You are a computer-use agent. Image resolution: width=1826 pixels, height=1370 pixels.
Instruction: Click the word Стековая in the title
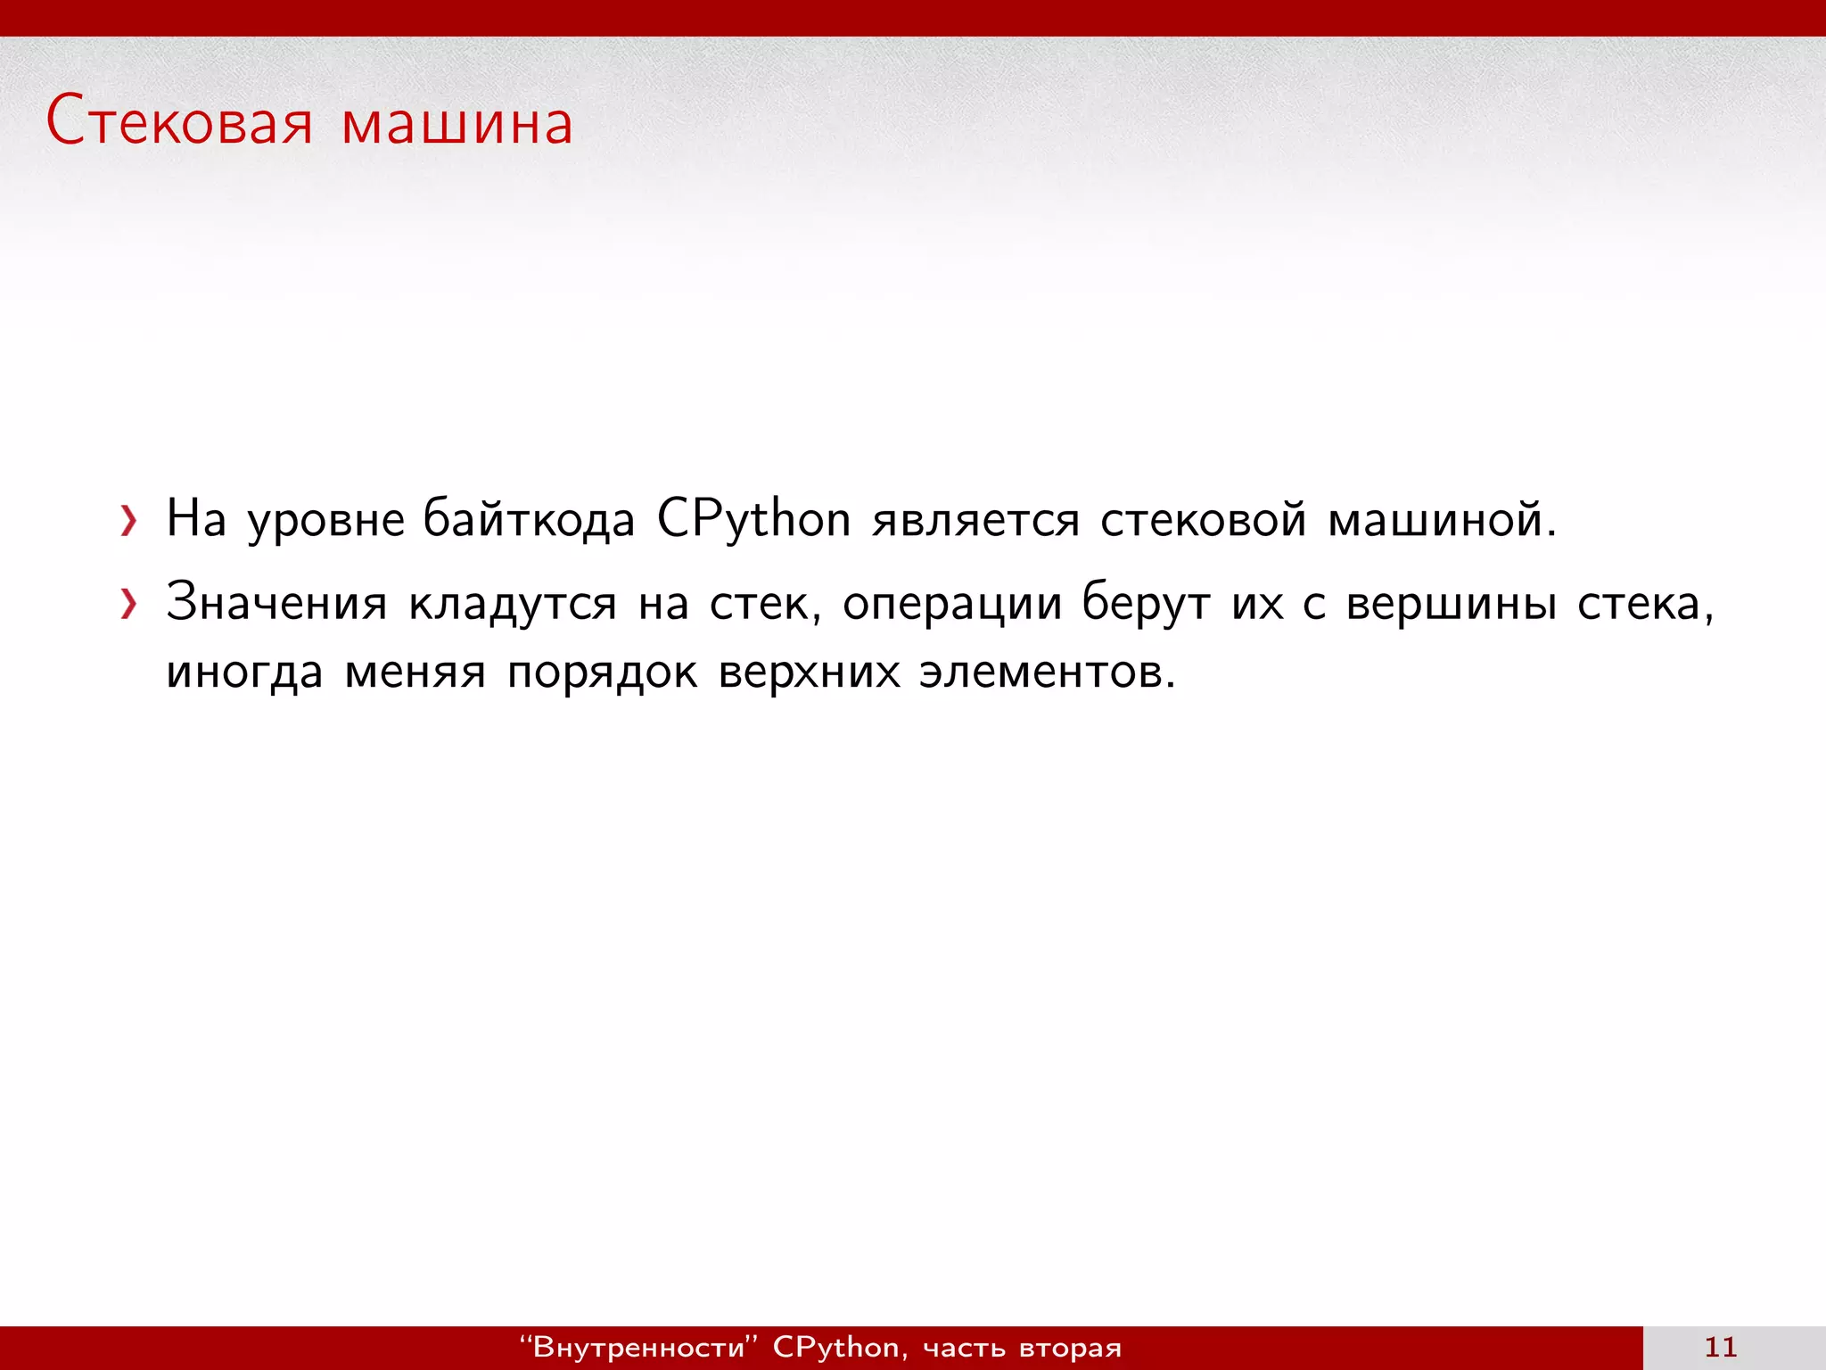click(x=179, y=122)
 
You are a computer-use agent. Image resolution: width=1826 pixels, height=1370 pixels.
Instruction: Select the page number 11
click(x=1721, y=1347)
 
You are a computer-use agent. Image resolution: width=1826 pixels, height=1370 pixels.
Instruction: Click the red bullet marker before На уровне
click(x=129, y=522)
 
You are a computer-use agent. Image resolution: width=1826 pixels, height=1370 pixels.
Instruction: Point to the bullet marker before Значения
click(x=129, y=605)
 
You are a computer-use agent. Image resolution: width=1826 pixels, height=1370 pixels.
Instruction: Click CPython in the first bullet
click(x=753, y=520)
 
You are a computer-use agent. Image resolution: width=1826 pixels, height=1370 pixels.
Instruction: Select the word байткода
click(x=529, y=520)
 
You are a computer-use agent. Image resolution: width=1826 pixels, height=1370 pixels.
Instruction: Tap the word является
click(x=975, y=520)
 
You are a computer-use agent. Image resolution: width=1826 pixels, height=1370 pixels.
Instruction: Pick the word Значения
click(x=276, y=603)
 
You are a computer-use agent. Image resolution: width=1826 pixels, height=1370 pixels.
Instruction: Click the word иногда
click(x=244, y=673)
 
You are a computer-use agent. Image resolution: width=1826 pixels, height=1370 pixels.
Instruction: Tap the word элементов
click(x=1047, y=672)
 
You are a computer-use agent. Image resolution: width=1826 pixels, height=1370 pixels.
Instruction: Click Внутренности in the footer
click(x=638, y=1347)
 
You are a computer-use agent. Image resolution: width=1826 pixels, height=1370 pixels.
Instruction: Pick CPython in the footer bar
click(x=836, y=1347)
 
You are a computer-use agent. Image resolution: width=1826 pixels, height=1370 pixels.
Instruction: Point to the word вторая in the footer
click(x=1070, y=1348)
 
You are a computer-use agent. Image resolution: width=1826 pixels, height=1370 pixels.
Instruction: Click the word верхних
click(x=810, y=673)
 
